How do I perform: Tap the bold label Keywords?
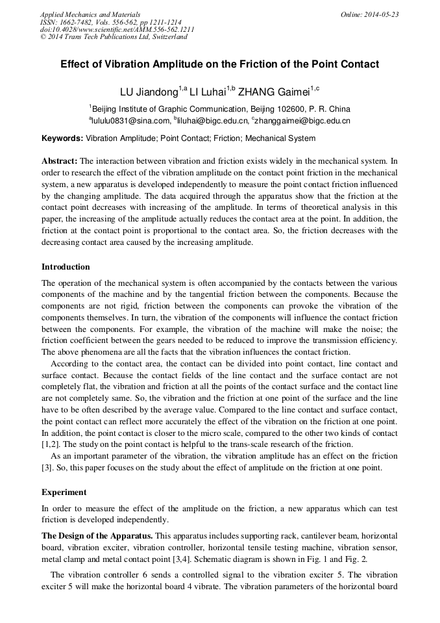tap(62, 138)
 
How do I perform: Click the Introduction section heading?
tap(66, 267)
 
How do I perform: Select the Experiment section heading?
tap(63, 492)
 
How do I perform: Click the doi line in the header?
tap(117, 30)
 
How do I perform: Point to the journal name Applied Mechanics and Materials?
tap(90, 14)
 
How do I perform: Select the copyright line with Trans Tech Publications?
tap(114, 37)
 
